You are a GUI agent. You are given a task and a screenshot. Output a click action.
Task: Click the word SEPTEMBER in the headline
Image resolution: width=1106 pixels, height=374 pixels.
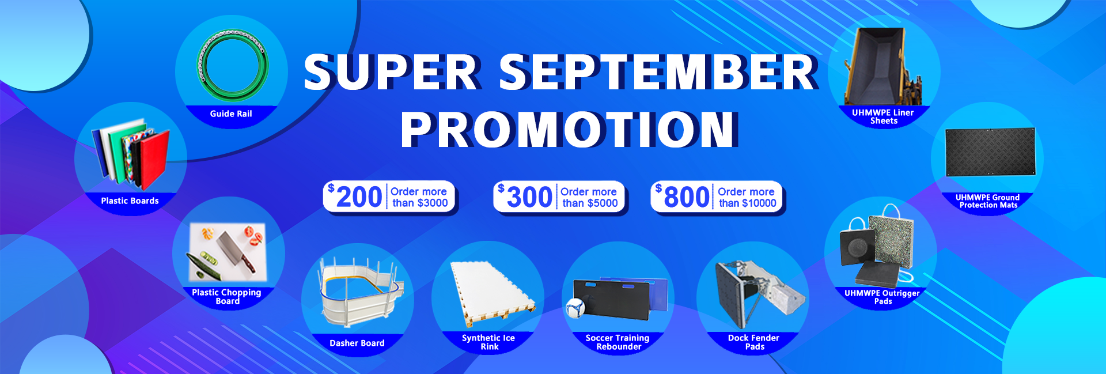click(658, 73)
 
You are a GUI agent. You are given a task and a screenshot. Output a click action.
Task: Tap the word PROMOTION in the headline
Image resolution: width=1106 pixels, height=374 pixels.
click(569, 129)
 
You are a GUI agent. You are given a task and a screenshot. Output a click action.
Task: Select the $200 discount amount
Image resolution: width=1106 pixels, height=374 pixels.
click(355, 197)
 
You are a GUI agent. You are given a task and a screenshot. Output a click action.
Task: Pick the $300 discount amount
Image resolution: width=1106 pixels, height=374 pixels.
click(525, 197)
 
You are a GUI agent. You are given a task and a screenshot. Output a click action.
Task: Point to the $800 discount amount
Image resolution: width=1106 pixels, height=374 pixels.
click(683, 197)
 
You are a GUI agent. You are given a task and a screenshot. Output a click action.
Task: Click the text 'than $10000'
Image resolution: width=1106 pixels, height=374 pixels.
click(748, 203)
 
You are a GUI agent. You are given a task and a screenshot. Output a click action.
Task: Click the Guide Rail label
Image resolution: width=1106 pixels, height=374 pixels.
click(231, 114)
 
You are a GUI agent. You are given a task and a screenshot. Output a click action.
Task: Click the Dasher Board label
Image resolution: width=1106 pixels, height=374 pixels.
click(357, 343)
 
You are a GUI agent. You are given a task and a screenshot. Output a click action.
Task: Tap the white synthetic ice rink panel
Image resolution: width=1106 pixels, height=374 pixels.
click(493, 291)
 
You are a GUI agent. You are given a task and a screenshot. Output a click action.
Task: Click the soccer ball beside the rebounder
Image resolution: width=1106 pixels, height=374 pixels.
click(575, 308)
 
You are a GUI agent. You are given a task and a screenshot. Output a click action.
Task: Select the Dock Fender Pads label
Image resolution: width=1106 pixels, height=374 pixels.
click(754, 342)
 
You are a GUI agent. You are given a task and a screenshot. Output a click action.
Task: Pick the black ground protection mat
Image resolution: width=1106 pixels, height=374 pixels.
click(990, 152)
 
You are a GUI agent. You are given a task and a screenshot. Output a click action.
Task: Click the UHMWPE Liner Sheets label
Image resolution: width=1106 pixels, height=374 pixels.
click(883, 116)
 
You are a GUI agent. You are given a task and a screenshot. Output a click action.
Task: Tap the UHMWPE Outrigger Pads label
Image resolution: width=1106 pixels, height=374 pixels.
click(882, 297)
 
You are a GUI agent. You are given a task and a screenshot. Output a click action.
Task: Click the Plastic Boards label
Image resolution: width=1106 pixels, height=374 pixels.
click(130, 201)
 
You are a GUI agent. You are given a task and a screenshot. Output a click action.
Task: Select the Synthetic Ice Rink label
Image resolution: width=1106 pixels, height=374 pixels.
click(488, 342)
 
